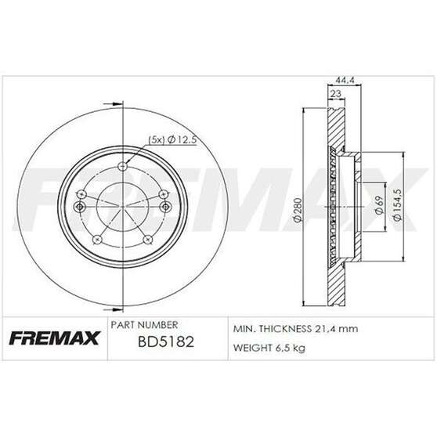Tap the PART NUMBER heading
(146, 324)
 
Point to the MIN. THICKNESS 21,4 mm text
(296, 329)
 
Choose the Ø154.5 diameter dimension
(399, 206)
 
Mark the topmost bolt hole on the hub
(121, 166)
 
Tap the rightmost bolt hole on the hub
(166, 206)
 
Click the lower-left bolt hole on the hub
(96, 240)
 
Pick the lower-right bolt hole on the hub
(148, 240)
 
